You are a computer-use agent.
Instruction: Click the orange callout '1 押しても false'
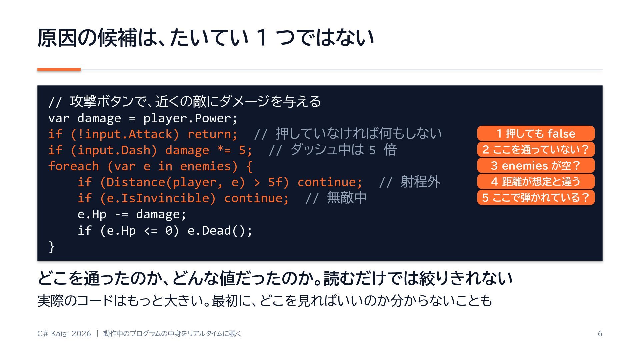536,133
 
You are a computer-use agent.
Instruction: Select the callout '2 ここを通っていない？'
536,149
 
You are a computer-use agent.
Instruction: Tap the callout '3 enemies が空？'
536,165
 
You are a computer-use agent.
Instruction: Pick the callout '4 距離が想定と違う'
536,181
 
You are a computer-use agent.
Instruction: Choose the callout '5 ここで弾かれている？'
536,197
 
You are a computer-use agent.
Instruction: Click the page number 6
600,334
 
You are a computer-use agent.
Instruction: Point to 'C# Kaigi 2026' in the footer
64,334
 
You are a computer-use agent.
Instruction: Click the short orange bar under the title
59,69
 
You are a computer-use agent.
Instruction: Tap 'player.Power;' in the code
191,118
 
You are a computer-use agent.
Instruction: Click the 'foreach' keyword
74,166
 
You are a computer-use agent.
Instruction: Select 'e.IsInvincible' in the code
158,198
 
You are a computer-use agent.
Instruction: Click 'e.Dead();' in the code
220,230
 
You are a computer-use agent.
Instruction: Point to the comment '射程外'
420,182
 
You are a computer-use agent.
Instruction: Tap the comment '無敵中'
347,198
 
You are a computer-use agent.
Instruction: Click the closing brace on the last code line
52,247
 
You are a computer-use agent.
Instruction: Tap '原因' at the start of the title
57,37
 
